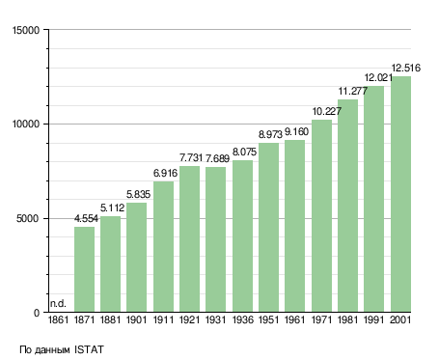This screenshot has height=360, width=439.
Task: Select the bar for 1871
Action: [x=84, y=269]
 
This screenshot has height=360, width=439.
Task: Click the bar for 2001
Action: [x=400, y=194]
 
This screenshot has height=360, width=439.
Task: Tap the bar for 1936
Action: [x=242, y=235]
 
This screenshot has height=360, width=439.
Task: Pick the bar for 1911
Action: [x=163, y=247]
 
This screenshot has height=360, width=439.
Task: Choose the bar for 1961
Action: [x=294, y=226]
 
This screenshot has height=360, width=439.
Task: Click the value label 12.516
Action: [x=406, y=68]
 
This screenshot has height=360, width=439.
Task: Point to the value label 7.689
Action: [x=217, y=158]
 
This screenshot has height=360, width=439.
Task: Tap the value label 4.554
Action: [x=86, y=219]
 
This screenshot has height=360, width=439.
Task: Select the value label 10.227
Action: [x=327, y=111]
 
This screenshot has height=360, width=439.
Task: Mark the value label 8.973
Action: [x=270, y=134]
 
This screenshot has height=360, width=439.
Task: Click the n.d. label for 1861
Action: [x=58, y=303]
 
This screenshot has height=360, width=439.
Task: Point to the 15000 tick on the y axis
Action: [x=26, y=30]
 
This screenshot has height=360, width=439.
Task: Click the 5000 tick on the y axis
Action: [x=28, y=219]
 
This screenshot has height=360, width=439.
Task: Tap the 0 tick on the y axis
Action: [x=37, y=313]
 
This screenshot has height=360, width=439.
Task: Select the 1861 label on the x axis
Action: [x=58, y=320]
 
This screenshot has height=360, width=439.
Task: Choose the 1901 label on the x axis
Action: [x=137, y=320]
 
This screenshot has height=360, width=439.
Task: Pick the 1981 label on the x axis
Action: [x=348, y=320]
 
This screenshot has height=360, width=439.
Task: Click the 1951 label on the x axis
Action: [x=269, y=320]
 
